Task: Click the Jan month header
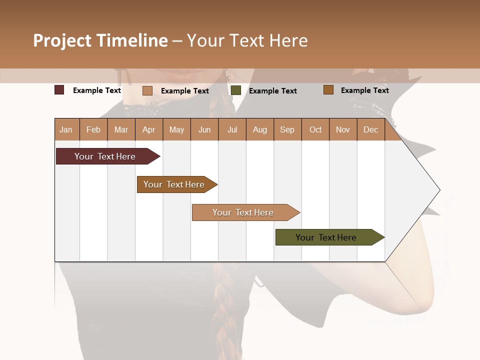click(66, 129)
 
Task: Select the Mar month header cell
click(121, 129)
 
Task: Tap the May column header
click(176, 129)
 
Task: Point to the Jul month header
click(232, 129)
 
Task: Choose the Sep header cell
click(287, 129)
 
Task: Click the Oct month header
click(315, 129)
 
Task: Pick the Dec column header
click(370, 129)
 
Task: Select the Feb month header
click(93, 129)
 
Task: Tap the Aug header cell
click(259, 129)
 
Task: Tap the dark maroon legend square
click(59, 90)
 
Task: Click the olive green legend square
click(236, 90)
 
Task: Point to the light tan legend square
click(147, 90)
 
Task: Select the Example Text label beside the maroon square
click(97, 90)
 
